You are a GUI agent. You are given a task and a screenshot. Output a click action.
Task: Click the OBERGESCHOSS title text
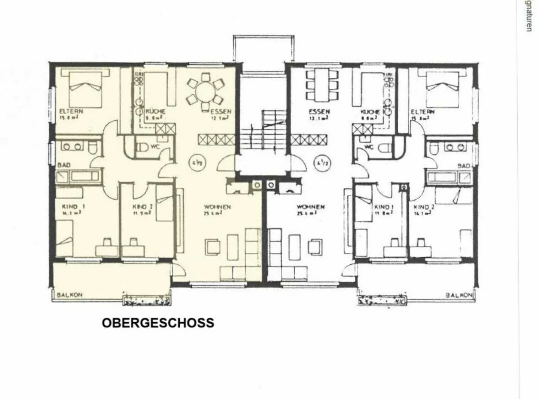coord(158,323)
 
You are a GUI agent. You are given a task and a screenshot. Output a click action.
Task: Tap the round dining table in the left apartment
coord(205,92)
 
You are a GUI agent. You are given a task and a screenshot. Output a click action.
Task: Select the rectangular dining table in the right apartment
coord(322,85)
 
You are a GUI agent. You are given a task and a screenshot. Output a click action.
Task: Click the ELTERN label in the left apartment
coord(71,111)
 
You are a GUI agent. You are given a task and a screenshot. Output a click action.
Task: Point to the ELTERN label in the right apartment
coord(423,112)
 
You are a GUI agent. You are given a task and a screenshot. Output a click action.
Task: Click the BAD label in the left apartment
coord(64,165)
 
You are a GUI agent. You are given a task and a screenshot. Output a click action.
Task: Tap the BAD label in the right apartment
coord(464,165)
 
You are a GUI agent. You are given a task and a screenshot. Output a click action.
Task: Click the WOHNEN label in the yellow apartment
coord(217,207)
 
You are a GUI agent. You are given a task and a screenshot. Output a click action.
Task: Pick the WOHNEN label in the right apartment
coord(310,207)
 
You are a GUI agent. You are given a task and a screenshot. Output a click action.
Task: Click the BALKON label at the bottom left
coord(70,295)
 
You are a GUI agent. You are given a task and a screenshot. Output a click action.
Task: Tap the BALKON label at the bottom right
coord(459,295)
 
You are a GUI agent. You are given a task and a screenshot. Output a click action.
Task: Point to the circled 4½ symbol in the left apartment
coord(195,163)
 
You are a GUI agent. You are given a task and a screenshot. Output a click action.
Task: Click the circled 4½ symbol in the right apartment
coord(321,163)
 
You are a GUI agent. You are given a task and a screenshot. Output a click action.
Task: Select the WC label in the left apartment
coord(155,147)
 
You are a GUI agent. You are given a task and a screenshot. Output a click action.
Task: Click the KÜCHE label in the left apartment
coord(155,111)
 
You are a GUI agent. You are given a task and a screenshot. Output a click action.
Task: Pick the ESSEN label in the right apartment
coord(319,111)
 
